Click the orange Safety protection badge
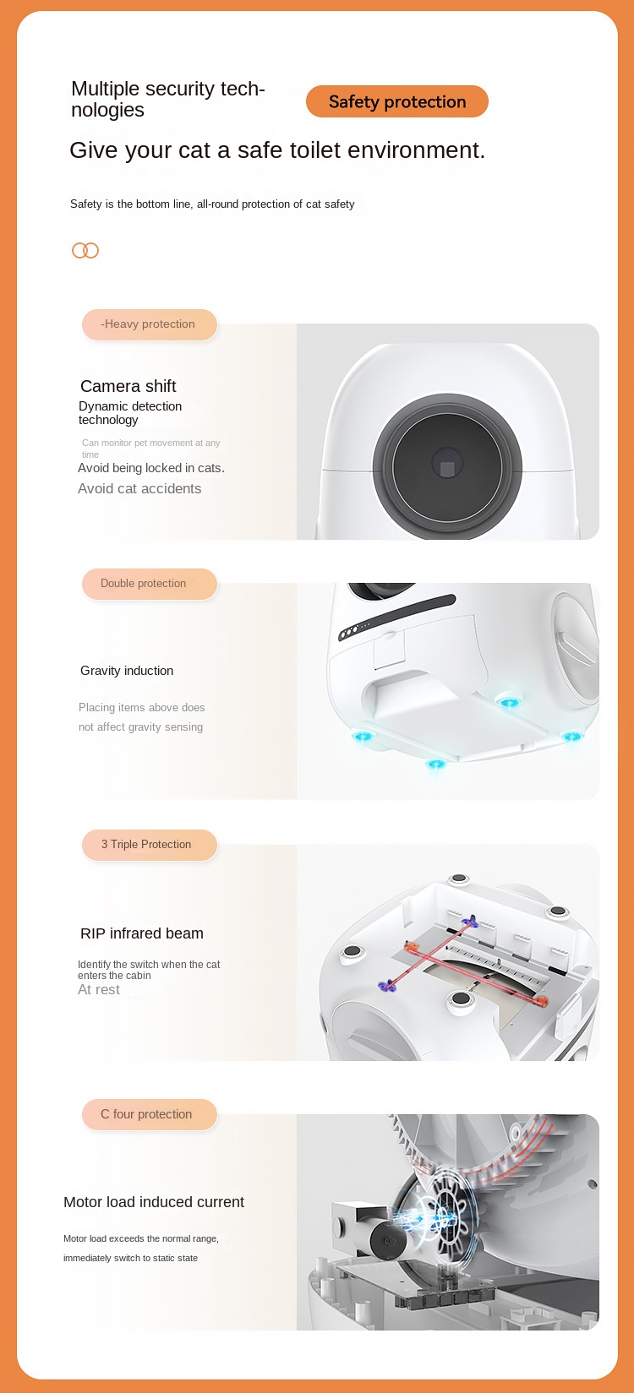[396, 101]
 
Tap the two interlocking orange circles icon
[85, 250]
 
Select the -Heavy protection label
[149, 324]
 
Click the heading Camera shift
[128, 386]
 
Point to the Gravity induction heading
[127, 671]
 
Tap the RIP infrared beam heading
[142, 933]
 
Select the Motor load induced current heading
[154, 1202]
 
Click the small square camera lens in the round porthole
[447, 464]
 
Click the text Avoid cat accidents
[139, 488]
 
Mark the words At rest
[99, 990]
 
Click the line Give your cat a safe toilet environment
[277, 150]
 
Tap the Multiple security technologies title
[167, 99]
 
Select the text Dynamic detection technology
[130, 412]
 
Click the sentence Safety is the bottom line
[212, 204]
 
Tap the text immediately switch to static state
[130, 1258]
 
